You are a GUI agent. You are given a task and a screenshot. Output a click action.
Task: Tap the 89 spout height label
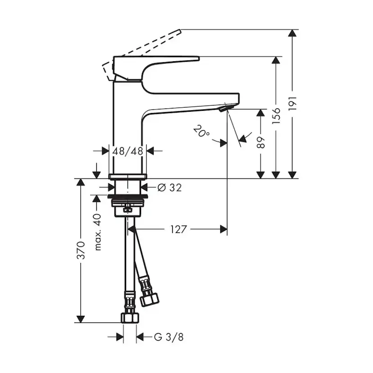point(261,143)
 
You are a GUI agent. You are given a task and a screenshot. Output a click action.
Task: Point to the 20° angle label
point(201,132)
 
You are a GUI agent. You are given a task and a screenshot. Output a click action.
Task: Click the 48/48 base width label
point(128,151)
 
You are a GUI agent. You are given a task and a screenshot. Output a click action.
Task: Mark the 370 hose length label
point(81,250)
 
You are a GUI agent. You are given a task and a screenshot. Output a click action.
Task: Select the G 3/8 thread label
point(168,337)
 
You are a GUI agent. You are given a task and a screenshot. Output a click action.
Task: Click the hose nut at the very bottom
point(129,317)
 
